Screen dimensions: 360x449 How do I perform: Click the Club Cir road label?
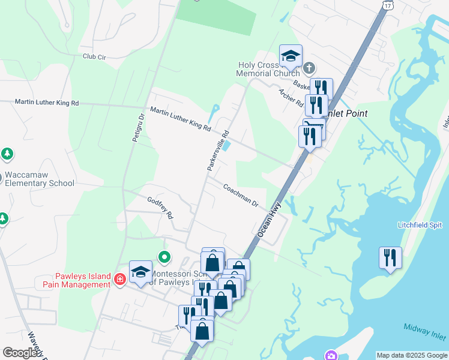coord(94,56)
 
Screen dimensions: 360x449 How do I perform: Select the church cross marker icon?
coord(309,67)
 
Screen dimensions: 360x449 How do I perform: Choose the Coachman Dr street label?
coord(240,196)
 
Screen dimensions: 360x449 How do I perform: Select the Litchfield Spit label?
coord(420,225)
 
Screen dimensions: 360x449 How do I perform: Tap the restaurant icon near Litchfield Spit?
coord(390,258)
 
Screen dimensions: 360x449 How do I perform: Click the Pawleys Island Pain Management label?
coord(83,280)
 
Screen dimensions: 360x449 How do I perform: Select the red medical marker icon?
coord(119,278)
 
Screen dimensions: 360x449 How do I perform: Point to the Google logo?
coord(21,353)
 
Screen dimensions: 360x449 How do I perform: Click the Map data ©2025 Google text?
coord(412,355)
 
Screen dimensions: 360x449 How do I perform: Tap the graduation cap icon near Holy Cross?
coord(291,56)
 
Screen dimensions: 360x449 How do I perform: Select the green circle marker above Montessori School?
coord(164,258)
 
